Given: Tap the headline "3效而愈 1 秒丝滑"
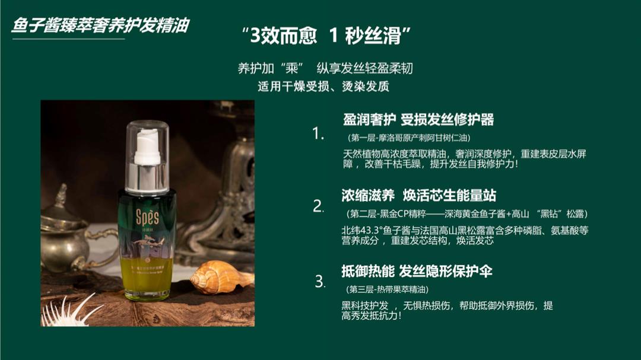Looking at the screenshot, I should click(327, 36).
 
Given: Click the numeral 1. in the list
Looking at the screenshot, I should click(319, 133).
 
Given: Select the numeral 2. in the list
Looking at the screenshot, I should click(319, 206).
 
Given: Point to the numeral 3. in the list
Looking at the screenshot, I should click(320, 281).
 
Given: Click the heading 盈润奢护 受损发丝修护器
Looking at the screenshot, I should click(418, 119).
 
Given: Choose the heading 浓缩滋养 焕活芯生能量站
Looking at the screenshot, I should click(418, 195).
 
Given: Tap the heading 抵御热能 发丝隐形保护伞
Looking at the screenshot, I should click(417, 271).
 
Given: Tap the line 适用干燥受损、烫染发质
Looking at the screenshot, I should click(323, 86).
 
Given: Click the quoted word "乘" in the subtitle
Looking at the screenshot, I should click(291, 68).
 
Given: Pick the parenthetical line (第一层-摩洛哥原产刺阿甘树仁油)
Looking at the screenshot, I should click(410, 138).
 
